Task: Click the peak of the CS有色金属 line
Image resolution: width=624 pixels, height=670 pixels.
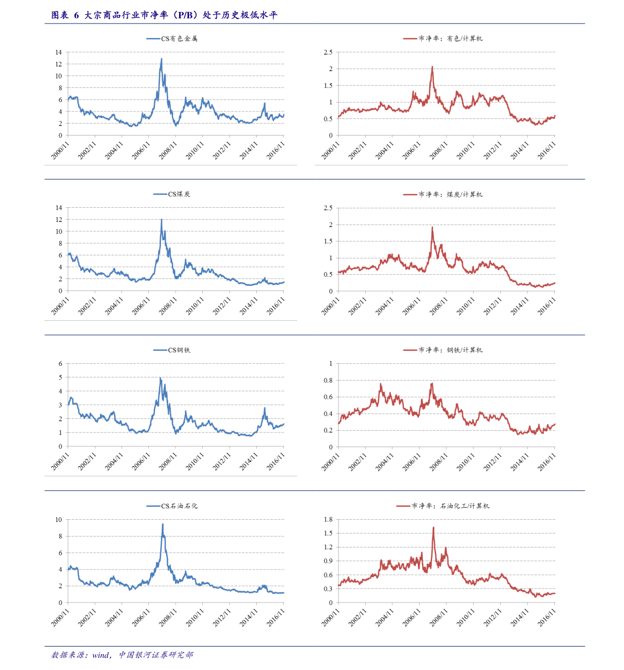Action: click(x=161, y=59)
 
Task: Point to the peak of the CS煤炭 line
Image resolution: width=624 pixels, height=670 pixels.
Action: click(x=161, y=219)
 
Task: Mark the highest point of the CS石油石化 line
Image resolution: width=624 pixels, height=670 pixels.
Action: click(x=162, y=524)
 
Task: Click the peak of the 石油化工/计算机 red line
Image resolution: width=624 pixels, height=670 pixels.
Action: click(x=433, y=528)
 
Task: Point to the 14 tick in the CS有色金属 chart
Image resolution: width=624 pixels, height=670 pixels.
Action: click(x=58, y=52)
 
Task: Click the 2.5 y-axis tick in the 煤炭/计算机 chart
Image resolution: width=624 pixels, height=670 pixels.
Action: click(x=327, y=208)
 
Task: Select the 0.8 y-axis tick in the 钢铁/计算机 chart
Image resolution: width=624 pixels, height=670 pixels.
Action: click(x=327, y=381)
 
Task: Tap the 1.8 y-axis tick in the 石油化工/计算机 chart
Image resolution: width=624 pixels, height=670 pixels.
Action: click(x=327, y=520)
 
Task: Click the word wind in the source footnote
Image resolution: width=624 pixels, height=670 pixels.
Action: click(x=101, y=655)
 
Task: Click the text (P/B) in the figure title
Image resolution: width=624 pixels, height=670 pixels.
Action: click(x=185, y=15)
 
